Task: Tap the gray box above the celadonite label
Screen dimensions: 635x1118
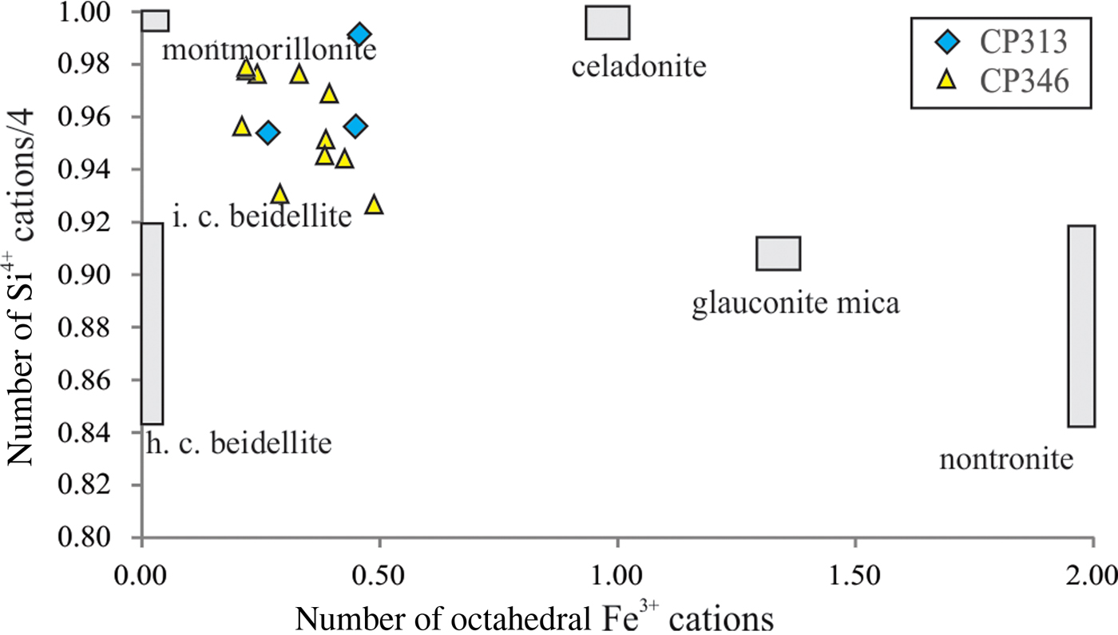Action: point(608,22)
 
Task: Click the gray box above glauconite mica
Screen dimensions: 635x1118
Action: point(779,253)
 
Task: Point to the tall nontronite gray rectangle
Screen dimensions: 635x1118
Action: point(1081,326)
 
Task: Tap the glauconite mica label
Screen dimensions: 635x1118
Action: point(795,304)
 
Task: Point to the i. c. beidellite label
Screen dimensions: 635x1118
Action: point(262,216)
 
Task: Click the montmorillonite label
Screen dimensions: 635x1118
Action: point(269,50)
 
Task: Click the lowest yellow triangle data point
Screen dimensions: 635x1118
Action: point(374,205)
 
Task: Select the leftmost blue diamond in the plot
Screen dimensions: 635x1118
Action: point(268,133)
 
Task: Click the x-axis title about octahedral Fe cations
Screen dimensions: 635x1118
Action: point(534,617)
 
